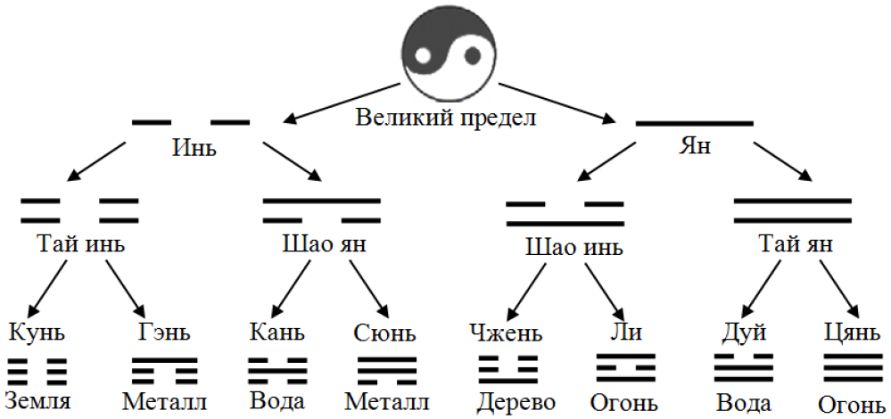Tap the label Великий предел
[446, 118]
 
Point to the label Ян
[695, 145]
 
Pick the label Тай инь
[80, 242]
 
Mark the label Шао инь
[566, 246]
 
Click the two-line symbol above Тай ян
[792, 210]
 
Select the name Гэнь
[163, 333]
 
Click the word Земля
[37, 401]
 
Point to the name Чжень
[506, 333]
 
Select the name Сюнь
[384, 333]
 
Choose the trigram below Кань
[277, 369]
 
